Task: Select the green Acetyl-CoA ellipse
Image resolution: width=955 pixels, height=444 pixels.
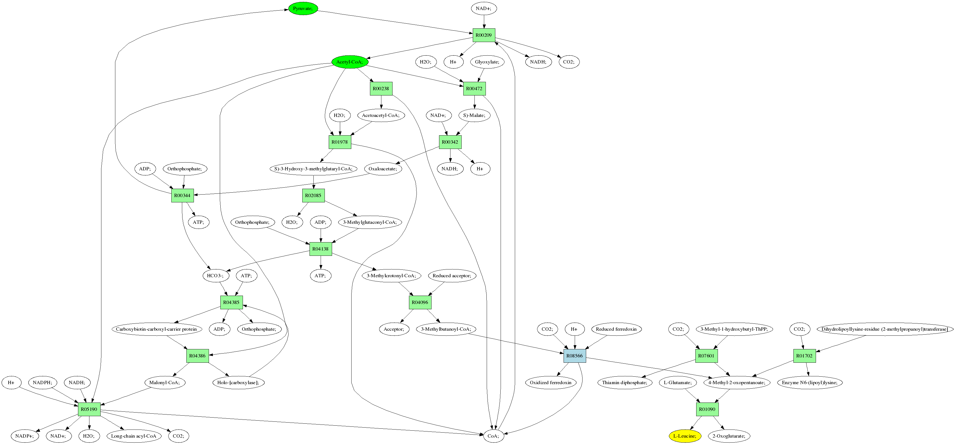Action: coord(350,62)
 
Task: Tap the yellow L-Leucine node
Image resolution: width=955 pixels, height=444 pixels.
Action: coord(685,436)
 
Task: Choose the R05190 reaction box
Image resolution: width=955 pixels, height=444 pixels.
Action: coord(89,409)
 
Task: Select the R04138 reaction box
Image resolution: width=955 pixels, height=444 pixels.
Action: coord(321,249)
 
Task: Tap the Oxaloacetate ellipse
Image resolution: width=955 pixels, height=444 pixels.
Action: coord(383,169)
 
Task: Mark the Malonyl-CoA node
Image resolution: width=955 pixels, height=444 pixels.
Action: coord(164,382)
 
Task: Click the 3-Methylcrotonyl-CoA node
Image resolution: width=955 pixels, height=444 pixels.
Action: coord(391,276)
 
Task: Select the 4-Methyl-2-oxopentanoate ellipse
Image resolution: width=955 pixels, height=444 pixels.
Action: coord(737,382)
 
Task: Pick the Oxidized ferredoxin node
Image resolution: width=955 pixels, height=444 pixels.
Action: coord(550,382)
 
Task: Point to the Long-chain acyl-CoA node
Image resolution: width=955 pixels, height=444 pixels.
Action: coord(134,436)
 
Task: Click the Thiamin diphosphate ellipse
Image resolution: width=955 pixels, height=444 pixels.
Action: coord(625,382)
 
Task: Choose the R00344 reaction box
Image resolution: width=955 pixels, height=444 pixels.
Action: coord(182,195)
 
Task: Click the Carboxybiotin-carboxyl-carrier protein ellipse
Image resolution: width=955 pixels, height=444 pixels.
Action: coord(157,329)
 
